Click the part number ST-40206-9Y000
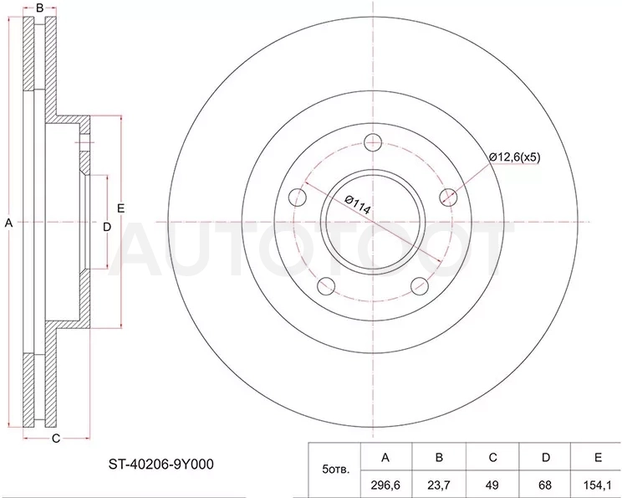161,464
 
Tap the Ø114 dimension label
358,205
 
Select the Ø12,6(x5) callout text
514,157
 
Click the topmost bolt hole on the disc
373,142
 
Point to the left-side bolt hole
298,197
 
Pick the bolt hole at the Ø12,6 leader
448,197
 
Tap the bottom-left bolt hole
327,286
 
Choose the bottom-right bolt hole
420,286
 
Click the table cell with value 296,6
385,485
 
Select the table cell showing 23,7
439,485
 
